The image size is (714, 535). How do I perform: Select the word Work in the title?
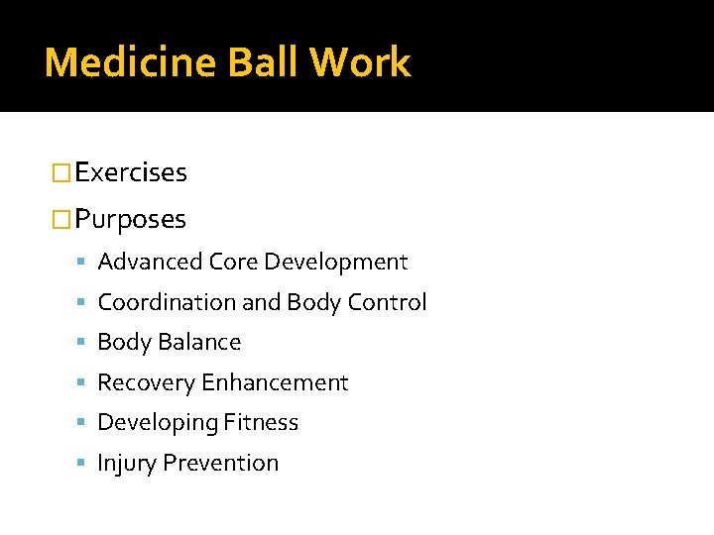tap(360, 62)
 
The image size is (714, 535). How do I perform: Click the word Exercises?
tap(131, 172)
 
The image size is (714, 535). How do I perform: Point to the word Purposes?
tap(130, 219)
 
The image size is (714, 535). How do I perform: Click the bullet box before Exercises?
tap(62, 173)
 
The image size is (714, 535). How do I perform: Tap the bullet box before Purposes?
tap(62, 219)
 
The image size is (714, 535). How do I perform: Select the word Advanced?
tap(151, 262)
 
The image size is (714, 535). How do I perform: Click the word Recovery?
tap(146, 382)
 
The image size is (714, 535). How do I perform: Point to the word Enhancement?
tap(275, 382)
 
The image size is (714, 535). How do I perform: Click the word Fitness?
tap(261, 422)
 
